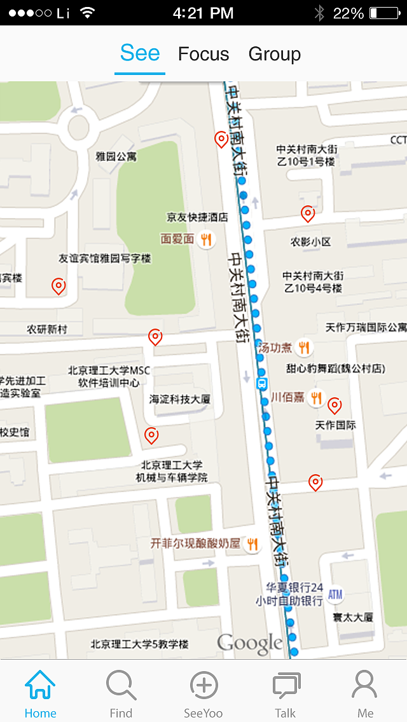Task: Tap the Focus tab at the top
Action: coord(203,55)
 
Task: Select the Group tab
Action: coord(275,55)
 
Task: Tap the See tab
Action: coord(140,53)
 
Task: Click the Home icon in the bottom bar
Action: coord(40,686)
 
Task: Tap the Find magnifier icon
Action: coord(121,686)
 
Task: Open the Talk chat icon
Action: coord(286,686)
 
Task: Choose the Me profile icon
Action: coord(365,686)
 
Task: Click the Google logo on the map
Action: coord(249,643)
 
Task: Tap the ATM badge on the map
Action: coord(335,595)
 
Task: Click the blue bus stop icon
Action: coord(262,384)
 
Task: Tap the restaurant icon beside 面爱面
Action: coord(206,239)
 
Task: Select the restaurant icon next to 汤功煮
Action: coord(305,347)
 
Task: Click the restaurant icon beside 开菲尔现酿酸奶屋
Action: coord(253,544)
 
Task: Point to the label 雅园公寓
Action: coord(116,156)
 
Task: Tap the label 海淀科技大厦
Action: coord(179,399)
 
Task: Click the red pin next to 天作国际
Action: coord(335,405)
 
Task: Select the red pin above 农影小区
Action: coord(308,214)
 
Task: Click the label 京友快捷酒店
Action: coord(197,217)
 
